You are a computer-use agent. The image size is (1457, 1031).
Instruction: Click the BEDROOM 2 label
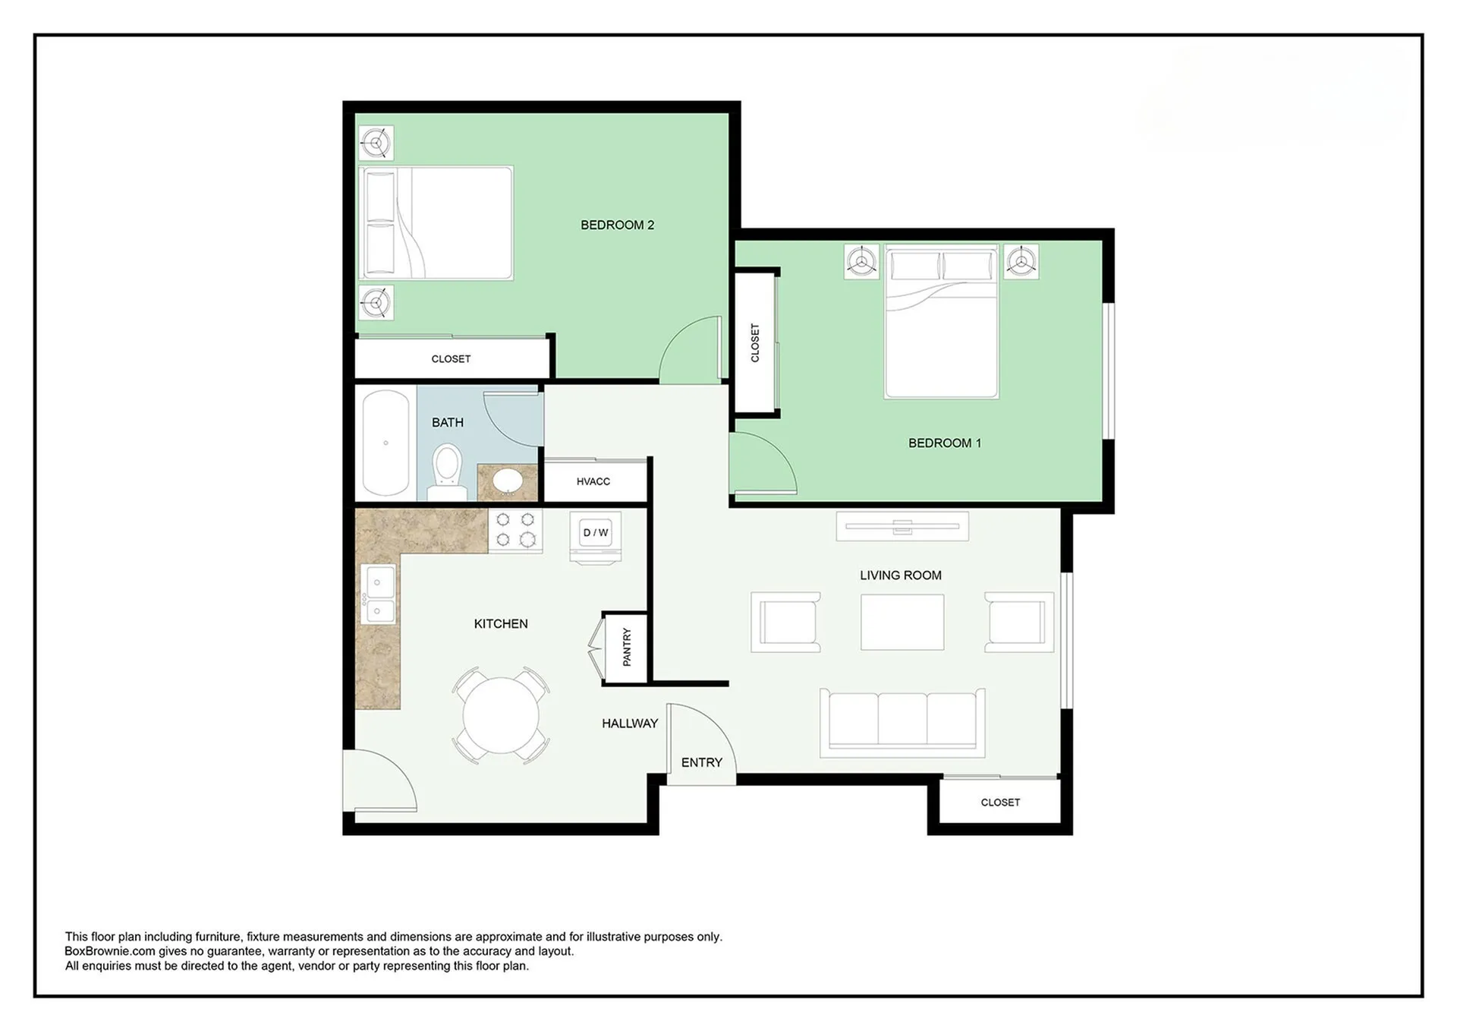(x=617, y=225)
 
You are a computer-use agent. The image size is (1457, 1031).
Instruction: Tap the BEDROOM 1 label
(x=945, y=443)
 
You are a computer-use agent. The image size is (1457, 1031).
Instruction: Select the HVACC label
(x=593, y=481)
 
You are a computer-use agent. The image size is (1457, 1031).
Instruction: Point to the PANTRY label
(x=627, y=647)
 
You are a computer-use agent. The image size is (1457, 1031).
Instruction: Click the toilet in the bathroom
(x=447, y=472)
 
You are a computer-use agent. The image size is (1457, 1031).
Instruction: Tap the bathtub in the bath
(x=385, y=443)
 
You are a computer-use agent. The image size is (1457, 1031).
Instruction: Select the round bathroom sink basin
(x=507, y=481)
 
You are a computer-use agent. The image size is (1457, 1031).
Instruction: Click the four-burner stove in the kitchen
(x=515, y=530)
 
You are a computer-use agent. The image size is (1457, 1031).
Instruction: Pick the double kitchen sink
(x=378, y=594)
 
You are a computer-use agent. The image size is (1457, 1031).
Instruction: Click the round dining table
(x=501, y=714)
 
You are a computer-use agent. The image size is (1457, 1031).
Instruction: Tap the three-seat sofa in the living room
(x=902, y=722)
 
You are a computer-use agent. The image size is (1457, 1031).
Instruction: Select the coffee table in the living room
(x=902, y=622)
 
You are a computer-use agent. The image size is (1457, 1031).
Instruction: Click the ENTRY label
(x=702, y=762)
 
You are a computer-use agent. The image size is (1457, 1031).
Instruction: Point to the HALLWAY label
(x=630, y=724)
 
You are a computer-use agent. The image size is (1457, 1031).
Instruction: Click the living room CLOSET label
(x=1000, y=802)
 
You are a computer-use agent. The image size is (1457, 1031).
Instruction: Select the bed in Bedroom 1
(x=941, y=321)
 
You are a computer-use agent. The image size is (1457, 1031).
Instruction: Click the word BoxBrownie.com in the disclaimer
(x=110, y=951)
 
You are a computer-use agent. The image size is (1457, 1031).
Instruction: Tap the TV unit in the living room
(x=902, y=526)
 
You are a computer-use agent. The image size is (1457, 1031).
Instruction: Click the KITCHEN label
(x=501, y=624)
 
